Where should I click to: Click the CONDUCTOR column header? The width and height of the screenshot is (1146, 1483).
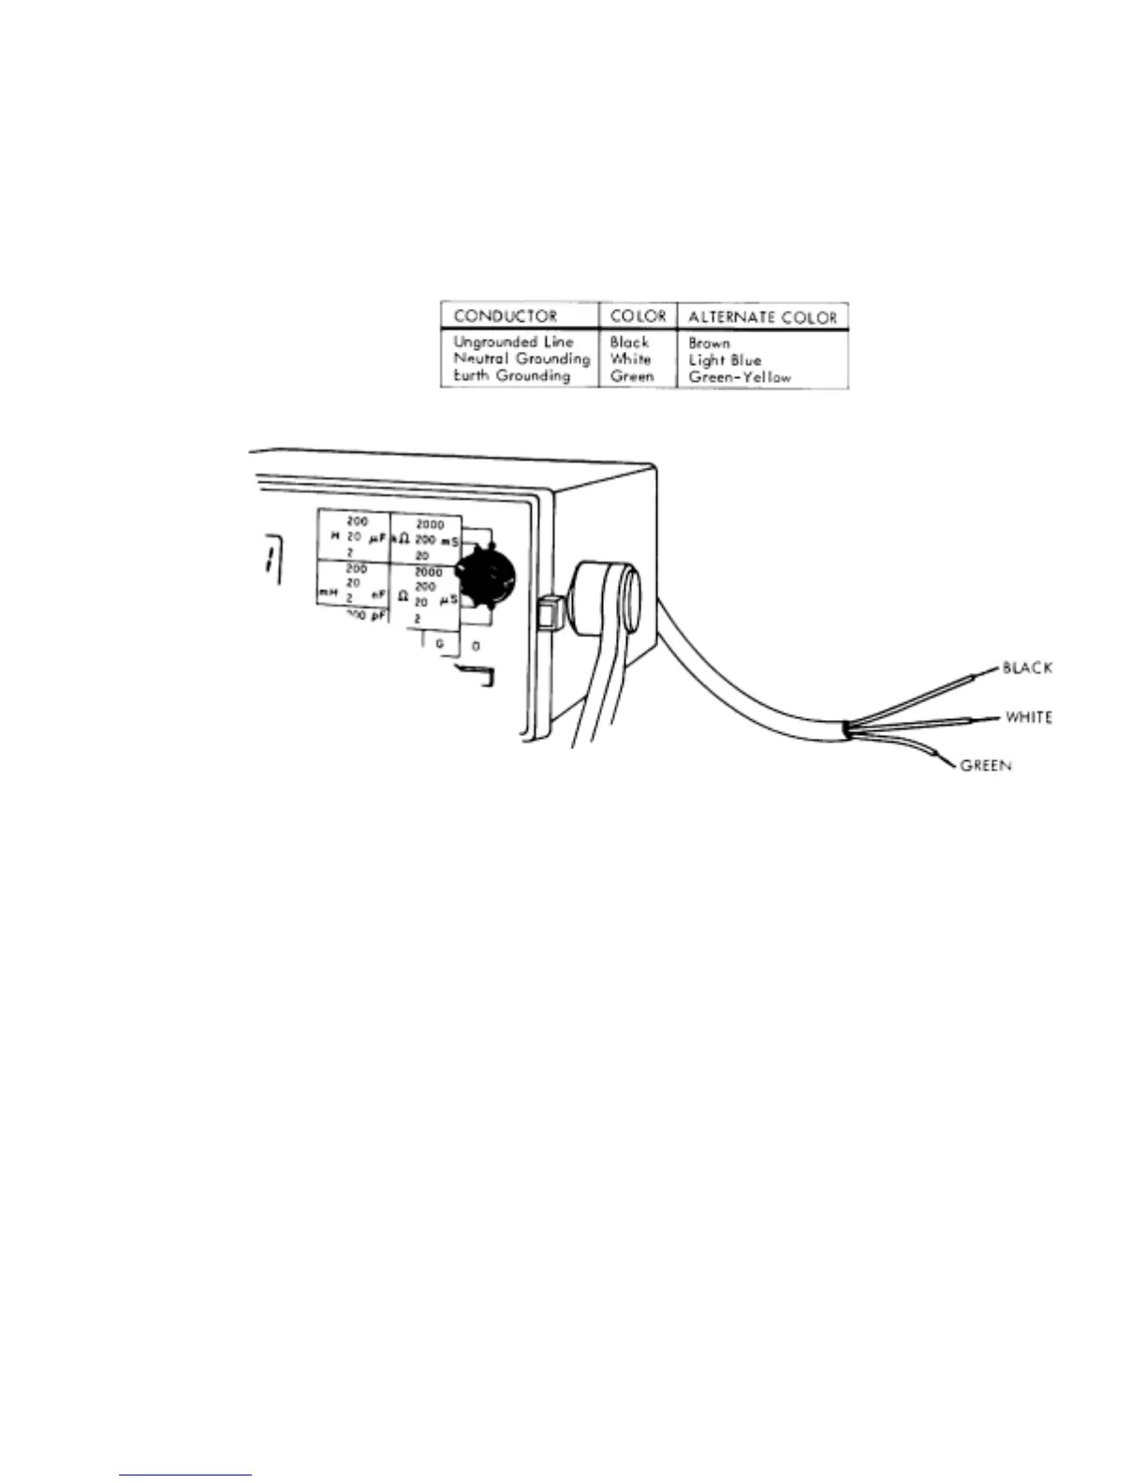(x=505, y=316)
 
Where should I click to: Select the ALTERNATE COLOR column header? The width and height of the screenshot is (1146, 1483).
(x=762, y=316)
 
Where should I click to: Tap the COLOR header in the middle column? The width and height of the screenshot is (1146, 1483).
(x=638, y=316)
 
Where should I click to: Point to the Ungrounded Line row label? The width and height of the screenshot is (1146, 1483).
(x=513, y=342)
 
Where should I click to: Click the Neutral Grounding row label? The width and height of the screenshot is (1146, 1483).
(x=522, y=359)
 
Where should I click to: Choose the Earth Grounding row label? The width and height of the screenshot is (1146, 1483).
(x=511, y=375)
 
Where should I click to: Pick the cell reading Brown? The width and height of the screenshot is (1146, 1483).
(x=709, y=343)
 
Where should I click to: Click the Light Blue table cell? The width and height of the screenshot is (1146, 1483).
(x=725, y=360)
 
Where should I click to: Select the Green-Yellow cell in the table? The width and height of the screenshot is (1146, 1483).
(x=740, y=377)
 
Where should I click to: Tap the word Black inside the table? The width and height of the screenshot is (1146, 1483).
(x=629, y=342)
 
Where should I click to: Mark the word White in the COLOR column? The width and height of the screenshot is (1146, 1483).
(x=630, y=359)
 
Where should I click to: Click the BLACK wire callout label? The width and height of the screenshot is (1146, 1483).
(x=1027, y=668)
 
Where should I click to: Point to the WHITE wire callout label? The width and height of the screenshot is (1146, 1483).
(x=1028, y=717)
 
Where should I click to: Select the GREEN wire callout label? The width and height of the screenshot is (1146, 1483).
(x=986, y=766)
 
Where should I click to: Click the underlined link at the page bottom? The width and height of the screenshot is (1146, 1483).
(x=185, y=1475)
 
